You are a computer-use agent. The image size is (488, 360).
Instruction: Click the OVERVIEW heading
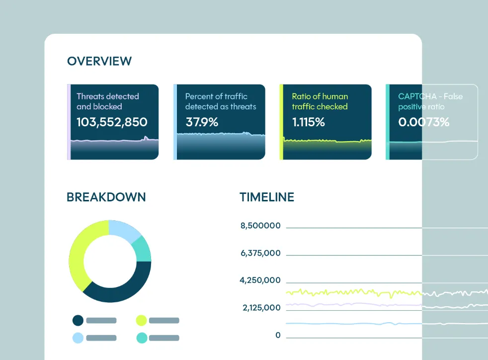click(x=99, y=61)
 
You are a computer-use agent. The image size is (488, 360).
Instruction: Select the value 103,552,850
click(x=112, y=122)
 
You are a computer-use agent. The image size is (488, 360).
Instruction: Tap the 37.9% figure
click(x=202, y=122)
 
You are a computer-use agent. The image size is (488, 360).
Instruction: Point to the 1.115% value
click(x=308, y=122)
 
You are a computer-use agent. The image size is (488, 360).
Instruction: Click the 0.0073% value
click(x=423, y=122)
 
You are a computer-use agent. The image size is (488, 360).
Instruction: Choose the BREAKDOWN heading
click(x=106, y=197)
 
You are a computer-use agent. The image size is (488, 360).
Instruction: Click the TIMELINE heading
click(x=267, y=197)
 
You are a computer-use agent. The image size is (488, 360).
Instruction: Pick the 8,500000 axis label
click(x=260, y=226)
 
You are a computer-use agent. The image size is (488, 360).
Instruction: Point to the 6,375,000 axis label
click(x=260, y=253)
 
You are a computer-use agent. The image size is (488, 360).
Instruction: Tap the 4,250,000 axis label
click(x=260, y=280)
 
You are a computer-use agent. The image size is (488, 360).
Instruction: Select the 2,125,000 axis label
click(x=261, y=308)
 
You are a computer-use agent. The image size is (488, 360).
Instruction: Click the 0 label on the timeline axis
click(x=278, y=335)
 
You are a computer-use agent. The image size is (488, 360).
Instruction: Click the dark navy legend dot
click(x=78, y=320)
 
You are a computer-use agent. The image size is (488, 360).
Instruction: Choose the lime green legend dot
click(x=141, y=320)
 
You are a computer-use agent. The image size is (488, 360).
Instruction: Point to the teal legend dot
click(x=141, y=338)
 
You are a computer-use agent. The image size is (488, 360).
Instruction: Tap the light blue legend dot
click(x=78, y=338)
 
